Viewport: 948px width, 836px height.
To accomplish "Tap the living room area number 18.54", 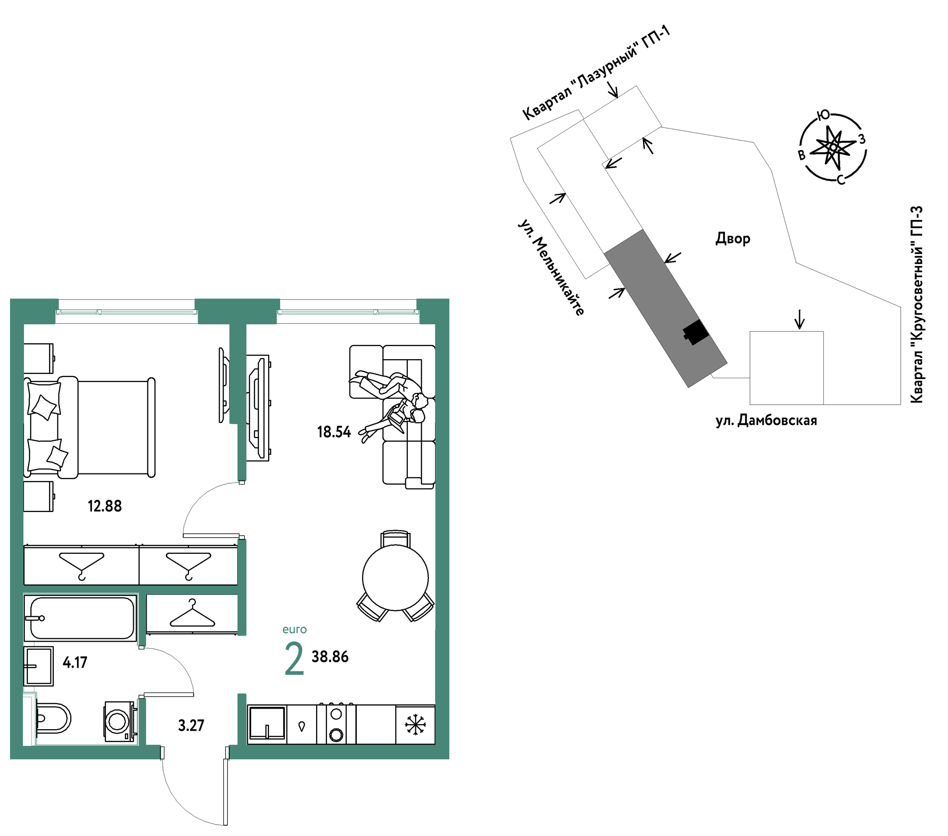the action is tap(334, 432).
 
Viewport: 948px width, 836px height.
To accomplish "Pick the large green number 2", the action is tap(294, 659).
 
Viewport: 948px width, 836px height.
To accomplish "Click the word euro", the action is tap(294, 630).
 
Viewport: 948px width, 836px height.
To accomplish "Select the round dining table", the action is tap(395, 577).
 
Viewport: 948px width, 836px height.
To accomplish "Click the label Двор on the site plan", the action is tap(733, 238).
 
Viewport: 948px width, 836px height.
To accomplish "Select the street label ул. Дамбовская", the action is tap(766, 420).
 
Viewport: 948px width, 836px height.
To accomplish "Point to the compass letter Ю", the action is tap(823, 115).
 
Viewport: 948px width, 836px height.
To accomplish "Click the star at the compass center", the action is tap(833, 147).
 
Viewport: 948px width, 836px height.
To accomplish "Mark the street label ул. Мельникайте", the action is tap(551, 268).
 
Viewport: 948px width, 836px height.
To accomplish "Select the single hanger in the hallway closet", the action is tap(192, 613).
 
